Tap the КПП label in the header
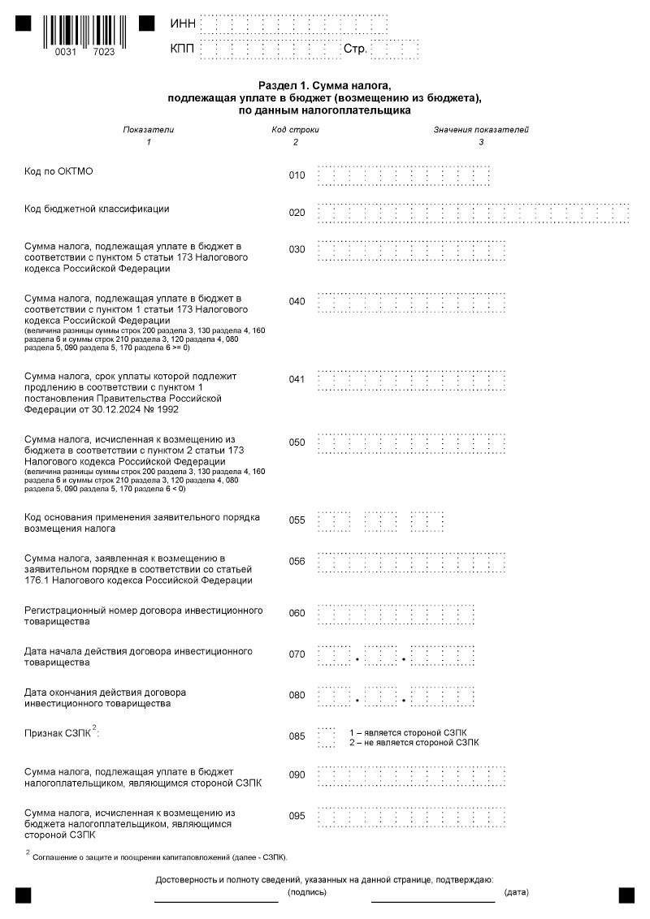(183, 50)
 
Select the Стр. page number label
(356, 50)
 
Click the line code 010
(297, 175)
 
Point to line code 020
(297, 213)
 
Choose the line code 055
(297, 520)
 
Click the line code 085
(297, 736)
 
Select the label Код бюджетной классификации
(97, 209)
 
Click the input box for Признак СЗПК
(326, 736)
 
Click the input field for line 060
(396, 614)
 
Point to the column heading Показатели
(148, 130)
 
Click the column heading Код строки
(295, 130)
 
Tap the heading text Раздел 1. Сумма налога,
(324, 85)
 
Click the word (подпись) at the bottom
(307, 892)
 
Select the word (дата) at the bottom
(516, 892)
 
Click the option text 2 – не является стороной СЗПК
(414, 742)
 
